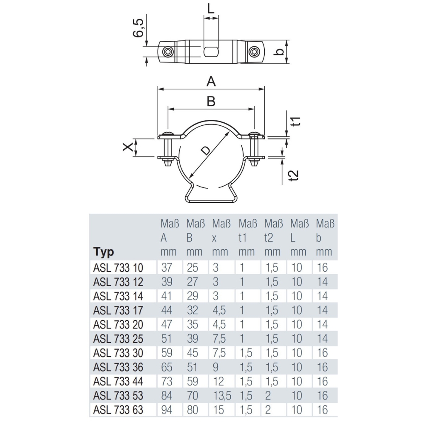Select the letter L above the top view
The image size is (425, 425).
pos(211,8)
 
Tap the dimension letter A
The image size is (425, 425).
pos(211,81)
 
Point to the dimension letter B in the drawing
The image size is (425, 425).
pos(211,101)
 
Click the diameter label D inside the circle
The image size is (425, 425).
pos(205,150)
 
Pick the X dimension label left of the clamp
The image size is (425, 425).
pos(127,147)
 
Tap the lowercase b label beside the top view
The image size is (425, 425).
pos(279,52)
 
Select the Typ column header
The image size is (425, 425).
pos(104,252)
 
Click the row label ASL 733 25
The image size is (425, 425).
pos(118,339)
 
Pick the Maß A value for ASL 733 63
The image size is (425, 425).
pos(167,410)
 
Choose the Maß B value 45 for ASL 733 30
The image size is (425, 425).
pos(193,353)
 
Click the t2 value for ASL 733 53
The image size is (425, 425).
pos(268,396)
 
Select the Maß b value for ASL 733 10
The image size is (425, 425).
pos(323,268)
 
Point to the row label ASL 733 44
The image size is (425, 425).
pos(118,382)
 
